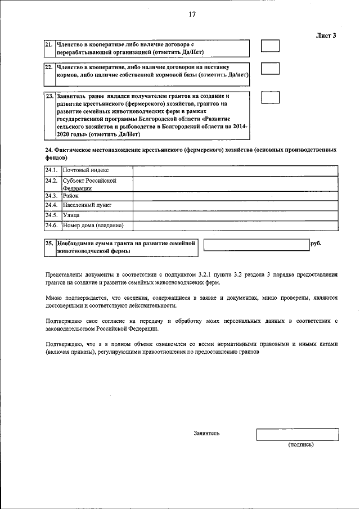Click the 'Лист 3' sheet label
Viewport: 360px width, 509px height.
click(326, 35)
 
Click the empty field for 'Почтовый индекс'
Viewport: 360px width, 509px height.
click(235, 170)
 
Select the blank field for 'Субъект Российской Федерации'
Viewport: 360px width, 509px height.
click(235, 184)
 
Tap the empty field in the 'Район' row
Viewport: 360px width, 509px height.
click(235, 196)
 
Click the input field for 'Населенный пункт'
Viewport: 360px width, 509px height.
click(235, 205)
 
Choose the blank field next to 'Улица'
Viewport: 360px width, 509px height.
click(235, 215)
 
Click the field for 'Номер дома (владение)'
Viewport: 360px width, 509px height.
click(235, 226)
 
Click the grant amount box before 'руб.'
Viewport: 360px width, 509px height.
click(256, 244)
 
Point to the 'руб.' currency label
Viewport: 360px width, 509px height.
click(316, 244)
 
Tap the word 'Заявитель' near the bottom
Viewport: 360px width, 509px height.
click(206, 433)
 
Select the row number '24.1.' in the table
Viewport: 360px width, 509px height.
click(52, 170)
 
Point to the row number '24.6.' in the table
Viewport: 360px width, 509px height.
click(52, 226)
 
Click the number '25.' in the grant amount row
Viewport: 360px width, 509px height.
click(49, 244)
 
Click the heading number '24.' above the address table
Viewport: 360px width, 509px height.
click(48, 151)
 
